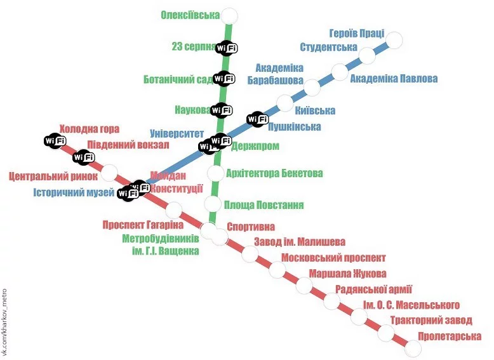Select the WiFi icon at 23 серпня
[x=227, y=48]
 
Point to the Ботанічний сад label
[x=178, y=80]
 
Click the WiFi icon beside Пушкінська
[x=257, y=119]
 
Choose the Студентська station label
[x=328, y=48]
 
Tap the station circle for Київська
[x=286, y=102]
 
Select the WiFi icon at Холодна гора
[x=54, y=140]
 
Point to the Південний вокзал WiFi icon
[x=83, y=157]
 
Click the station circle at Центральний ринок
[x=110, y=172]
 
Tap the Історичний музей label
[x=74, y=192]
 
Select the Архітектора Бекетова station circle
[x=216, y=173]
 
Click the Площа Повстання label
[x=264, y=205]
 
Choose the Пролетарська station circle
[x=413, y=349]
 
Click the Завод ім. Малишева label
[x=300, y=242]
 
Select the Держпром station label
[x=255, y=146]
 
